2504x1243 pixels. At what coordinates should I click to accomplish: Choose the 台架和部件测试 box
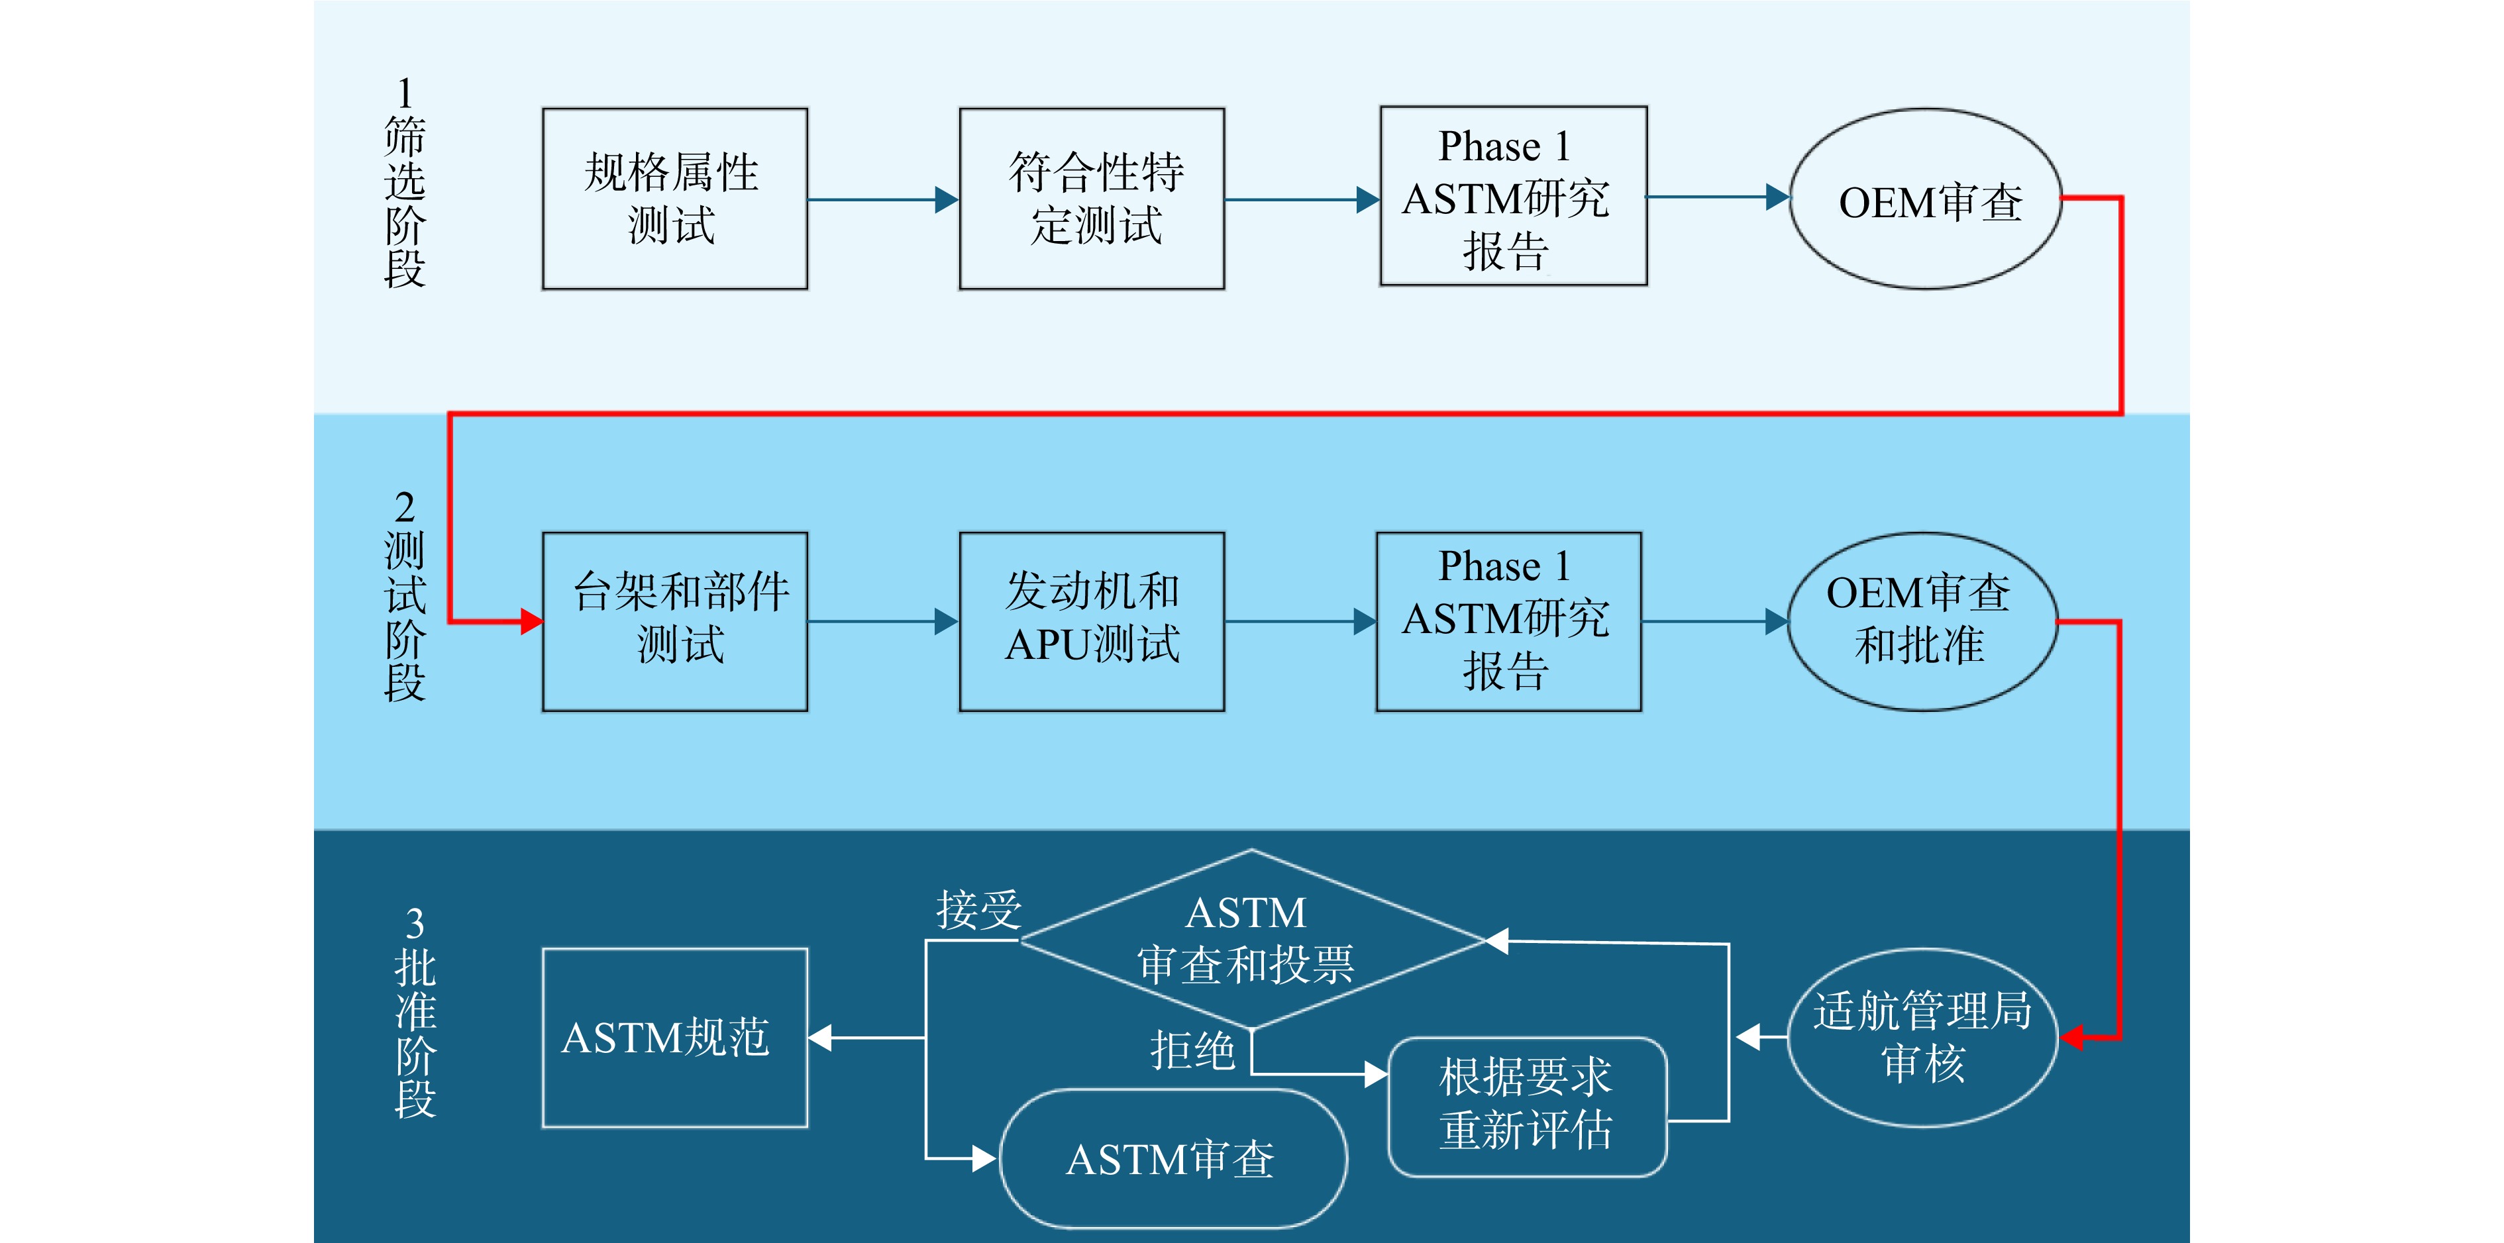[x=674, y=621]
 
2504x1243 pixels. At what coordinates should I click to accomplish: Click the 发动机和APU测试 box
[x=1092, y=621]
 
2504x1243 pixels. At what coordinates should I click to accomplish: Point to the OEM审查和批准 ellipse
[x=1922, y=621]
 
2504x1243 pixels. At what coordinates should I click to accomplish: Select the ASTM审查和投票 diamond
[x=1252, y=939]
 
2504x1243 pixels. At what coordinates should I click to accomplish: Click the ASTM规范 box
[x=674, y=1037]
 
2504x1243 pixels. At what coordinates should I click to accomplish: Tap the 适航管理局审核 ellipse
[x=1922, y=1037]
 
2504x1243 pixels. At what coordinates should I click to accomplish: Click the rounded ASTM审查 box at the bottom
[x=1173, y=1158]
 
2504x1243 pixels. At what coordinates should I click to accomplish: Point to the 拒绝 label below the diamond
[x=1192, y=1050]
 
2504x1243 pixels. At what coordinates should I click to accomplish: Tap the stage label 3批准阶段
[x=415, y=1012]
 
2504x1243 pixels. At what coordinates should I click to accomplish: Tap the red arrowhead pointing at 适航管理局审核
[x=2071, y=1037]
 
